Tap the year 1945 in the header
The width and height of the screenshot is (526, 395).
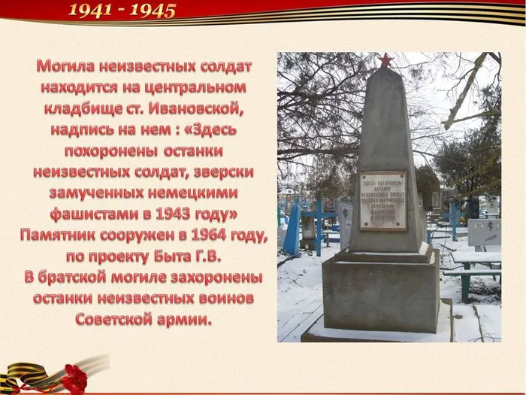point(153,11)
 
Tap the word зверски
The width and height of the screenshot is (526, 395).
point(223,172)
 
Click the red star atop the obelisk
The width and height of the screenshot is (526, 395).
point(385,59)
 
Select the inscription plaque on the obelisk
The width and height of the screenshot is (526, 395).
point(382,200)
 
